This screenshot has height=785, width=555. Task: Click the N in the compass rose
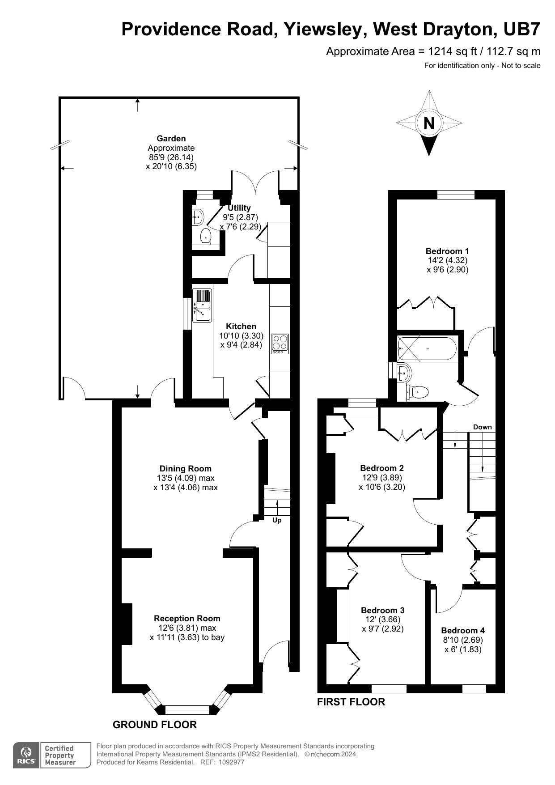pos(428,123)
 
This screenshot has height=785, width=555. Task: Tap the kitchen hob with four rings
pos(280,344)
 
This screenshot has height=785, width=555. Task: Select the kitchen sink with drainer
pos(202,306)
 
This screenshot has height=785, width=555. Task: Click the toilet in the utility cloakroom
pos(205,236)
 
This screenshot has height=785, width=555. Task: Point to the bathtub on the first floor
pos(427,348)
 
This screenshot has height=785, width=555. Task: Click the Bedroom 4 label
pos(462,630)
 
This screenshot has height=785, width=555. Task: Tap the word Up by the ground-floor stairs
pos(277,520)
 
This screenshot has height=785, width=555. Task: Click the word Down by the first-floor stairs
pos(482,427)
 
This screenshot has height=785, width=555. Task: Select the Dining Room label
pos(185,469)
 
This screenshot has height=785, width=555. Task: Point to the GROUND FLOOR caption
pos(154,725)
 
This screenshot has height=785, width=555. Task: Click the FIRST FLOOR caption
pos(351,702)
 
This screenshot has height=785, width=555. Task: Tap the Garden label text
pos(171,139)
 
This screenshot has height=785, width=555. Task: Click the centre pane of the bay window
pos(187,709)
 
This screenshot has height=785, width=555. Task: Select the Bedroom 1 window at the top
pos(455,194)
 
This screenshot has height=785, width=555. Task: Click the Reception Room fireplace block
pos(126,624)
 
